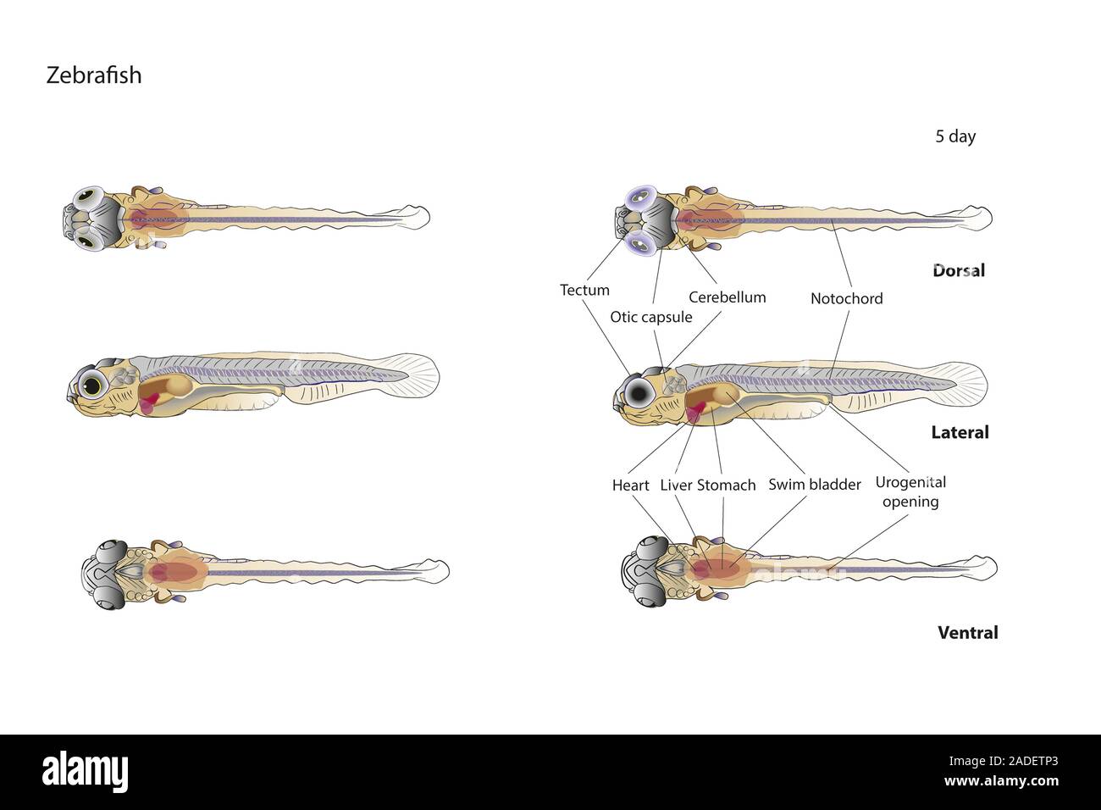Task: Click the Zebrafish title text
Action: (93, 75)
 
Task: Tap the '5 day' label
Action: (954, 136)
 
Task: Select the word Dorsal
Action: (959, 271)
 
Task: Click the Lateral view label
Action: (960, 432)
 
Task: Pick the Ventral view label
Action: (967, 632)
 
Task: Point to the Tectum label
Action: (584, 290)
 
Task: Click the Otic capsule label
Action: (651, 317)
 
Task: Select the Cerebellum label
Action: (727, 297)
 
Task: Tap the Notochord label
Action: (846, 298)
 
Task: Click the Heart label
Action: (630, 485)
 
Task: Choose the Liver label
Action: (676, 485)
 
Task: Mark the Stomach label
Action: (726, 485)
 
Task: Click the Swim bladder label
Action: (814, 485)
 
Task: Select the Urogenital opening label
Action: (910, 491)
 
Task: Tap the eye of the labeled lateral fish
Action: (637, 391)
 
